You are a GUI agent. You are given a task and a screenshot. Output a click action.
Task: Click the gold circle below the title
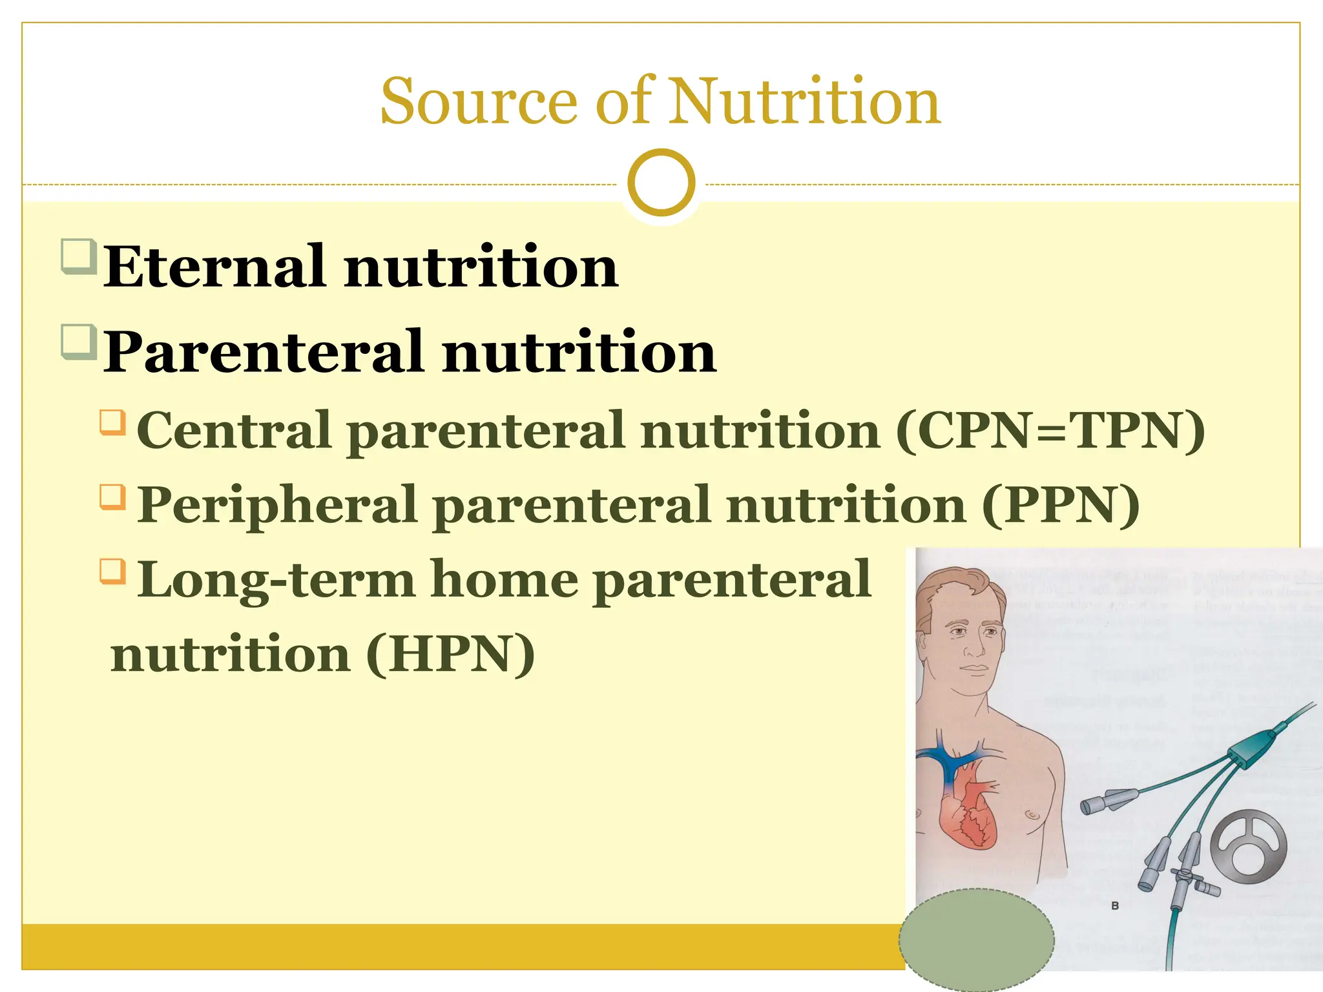point(661,182)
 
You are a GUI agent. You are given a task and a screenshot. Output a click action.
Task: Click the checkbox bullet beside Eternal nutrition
point(79,256)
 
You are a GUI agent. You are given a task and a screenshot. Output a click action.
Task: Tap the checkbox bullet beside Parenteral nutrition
point(79,342)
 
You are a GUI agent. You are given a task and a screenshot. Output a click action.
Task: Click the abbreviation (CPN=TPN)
point(1050,431)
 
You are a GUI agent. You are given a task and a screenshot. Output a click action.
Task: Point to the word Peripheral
point(278,506)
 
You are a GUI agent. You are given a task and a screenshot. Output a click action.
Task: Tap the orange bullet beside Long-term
point(113,571)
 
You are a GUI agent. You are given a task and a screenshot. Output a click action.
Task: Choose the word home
point(504,580)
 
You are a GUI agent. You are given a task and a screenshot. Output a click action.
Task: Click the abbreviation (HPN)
point(450,654)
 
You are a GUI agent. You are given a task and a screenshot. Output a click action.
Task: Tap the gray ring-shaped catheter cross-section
point(1248,846)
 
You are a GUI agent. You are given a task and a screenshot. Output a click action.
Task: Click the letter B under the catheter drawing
point(1114,906)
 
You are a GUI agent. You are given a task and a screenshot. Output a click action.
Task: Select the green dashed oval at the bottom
point(976,940)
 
